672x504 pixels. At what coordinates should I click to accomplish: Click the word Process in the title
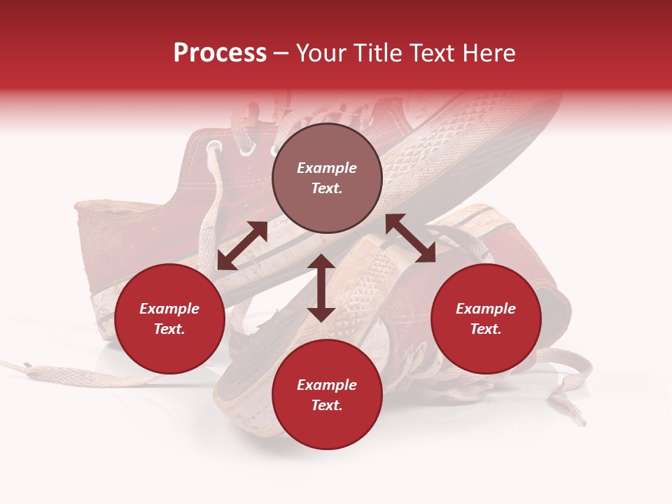coord(220,53)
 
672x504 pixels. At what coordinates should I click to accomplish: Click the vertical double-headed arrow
coord(321,288)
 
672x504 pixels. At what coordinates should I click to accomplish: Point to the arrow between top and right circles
coord(410,238)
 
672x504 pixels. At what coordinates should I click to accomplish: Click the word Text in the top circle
coord(326,188)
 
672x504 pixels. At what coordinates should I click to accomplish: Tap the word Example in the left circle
coord(169,309)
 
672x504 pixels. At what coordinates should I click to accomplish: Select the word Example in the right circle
coord(486,309)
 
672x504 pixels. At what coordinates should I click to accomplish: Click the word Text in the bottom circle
coord(326,405)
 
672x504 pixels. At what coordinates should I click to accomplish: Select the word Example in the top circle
coord(327,168)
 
